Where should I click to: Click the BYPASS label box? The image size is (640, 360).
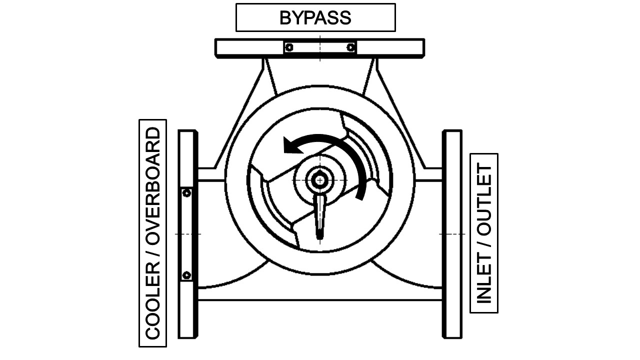[315, 17]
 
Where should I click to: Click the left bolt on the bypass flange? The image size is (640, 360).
[288, 47]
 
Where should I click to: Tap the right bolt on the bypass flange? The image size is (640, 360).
[351, 47]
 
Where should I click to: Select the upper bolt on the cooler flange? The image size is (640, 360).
[186, 193]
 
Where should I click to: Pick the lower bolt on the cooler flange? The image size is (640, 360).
[186, 274]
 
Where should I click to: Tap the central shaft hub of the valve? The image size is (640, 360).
[319, 179]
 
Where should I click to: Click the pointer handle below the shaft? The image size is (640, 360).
[319, 215]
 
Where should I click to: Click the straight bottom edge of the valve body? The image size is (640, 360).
[320, 300]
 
